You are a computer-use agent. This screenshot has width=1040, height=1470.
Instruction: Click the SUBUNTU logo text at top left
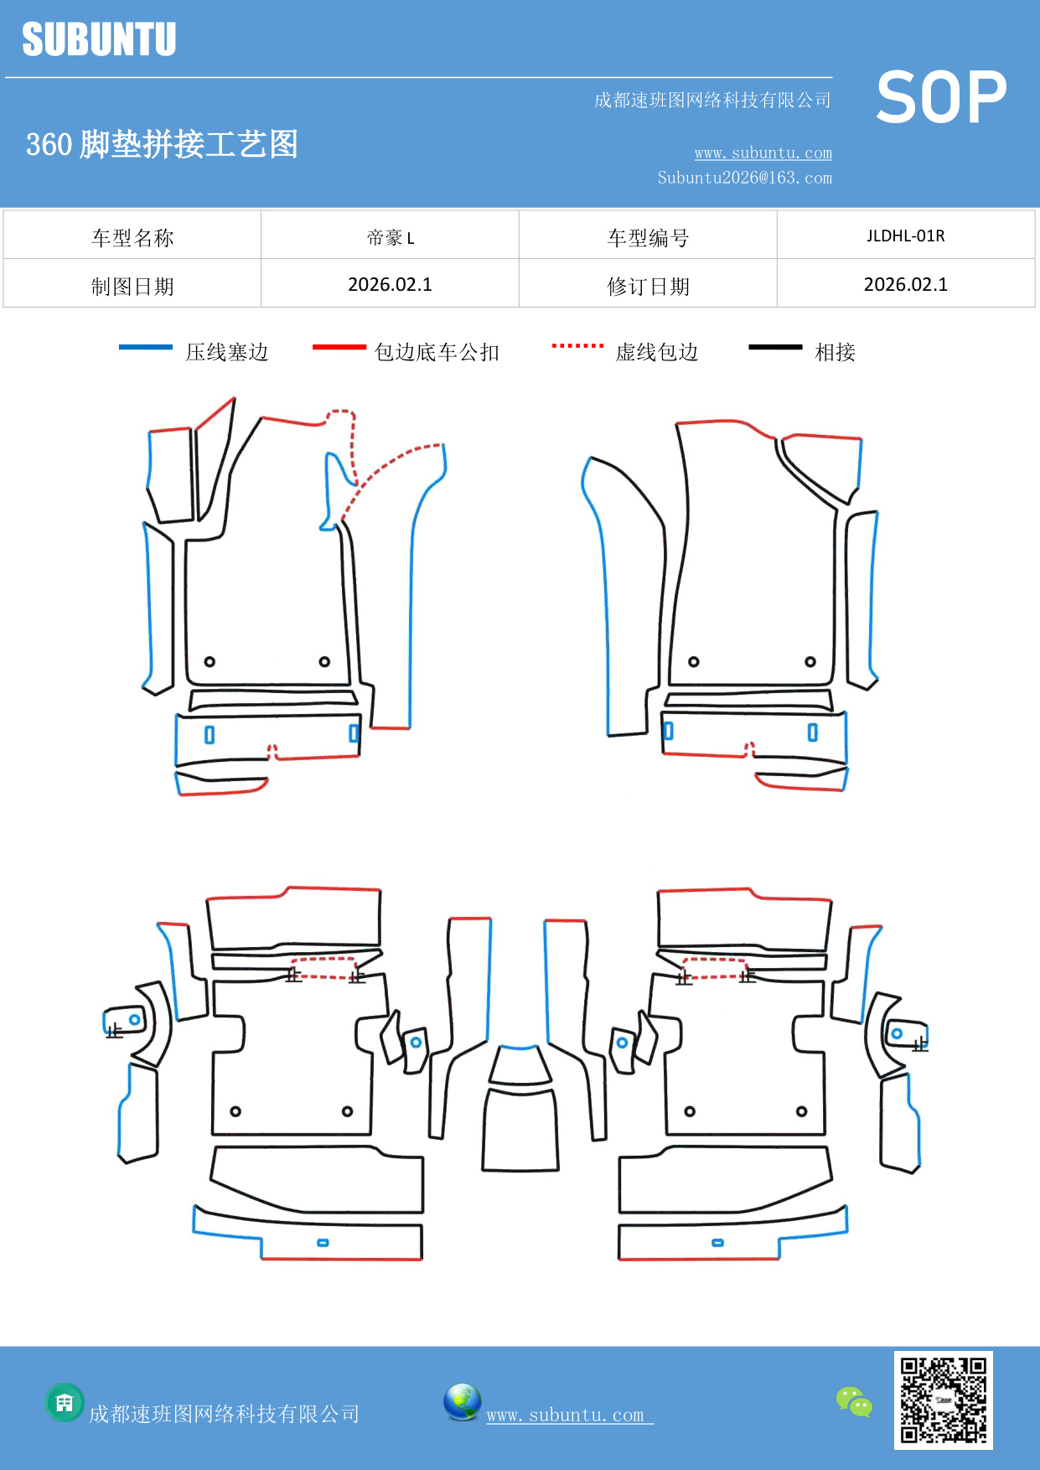99,39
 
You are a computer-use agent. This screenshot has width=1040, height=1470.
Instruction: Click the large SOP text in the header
940,98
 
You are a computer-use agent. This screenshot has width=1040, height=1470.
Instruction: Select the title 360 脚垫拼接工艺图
162,144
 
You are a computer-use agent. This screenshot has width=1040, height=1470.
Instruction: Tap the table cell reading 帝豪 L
390,237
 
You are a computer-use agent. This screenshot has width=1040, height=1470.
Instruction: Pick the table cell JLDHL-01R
905,236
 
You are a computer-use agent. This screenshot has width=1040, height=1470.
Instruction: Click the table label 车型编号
648,238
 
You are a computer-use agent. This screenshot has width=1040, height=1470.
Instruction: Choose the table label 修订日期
648,287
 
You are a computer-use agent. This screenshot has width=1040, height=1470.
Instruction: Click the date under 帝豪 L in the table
390,285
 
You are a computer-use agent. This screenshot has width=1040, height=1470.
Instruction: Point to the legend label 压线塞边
227,352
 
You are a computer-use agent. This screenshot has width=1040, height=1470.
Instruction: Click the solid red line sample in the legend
339,347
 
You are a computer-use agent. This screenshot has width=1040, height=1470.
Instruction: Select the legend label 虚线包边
657,352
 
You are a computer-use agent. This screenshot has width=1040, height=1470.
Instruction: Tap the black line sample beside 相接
775,347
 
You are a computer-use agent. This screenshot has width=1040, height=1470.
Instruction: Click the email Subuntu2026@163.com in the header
744,178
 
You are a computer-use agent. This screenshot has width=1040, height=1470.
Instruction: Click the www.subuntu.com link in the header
763,153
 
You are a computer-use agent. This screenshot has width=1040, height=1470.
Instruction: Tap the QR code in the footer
943,1400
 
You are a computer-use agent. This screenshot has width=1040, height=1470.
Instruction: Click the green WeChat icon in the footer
854,1401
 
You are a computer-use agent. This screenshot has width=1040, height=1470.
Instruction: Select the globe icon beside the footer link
462,1401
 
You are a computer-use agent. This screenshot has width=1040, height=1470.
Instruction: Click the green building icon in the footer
65,1402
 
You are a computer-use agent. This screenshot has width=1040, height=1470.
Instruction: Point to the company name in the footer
224,1414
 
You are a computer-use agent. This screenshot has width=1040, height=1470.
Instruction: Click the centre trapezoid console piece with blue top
520,1065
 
